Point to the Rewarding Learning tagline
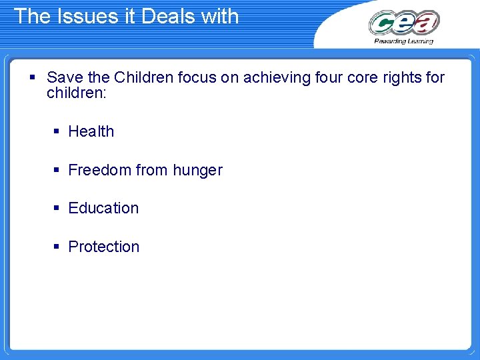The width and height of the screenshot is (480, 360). click(x=404, y=41)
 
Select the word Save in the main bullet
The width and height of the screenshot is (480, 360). click(x=63, y=77)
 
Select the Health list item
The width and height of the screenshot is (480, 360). click(x=91, y=131)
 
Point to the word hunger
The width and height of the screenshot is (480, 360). click(x=197, y=171)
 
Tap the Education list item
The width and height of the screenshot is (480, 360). click(x=103, y=208)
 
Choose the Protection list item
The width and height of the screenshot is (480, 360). click(x=104, y=247)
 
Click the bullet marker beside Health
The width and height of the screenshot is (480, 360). click(x=57, y=132)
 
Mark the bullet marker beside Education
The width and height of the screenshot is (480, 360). click(x=57, y=209)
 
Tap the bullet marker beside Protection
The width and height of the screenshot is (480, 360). click(x=57, y=247)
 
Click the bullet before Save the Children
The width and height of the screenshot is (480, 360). click(x=32, y=78)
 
